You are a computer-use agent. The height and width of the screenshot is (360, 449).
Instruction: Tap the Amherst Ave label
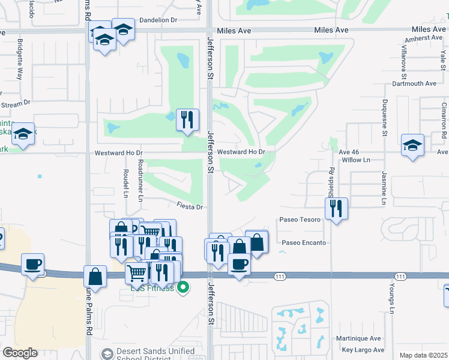424,38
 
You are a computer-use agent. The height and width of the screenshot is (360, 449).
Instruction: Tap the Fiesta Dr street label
191,206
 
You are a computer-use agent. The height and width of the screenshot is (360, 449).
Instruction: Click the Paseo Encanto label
304,243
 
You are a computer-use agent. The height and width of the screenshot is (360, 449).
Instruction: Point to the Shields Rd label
331,180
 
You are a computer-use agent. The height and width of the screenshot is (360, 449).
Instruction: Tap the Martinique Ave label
362,338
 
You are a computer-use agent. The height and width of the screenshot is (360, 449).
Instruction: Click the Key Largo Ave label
363,350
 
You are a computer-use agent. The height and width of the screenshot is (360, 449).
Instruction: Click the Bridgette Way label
20,60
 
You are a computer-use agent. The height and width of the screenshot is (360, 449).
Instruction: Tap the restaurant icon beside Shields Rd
336,209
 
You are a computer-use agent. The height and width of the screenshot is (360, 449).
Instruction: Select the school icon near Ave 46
412,145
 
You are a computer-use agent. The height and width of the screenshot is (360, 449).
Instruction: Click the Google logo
20,353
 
